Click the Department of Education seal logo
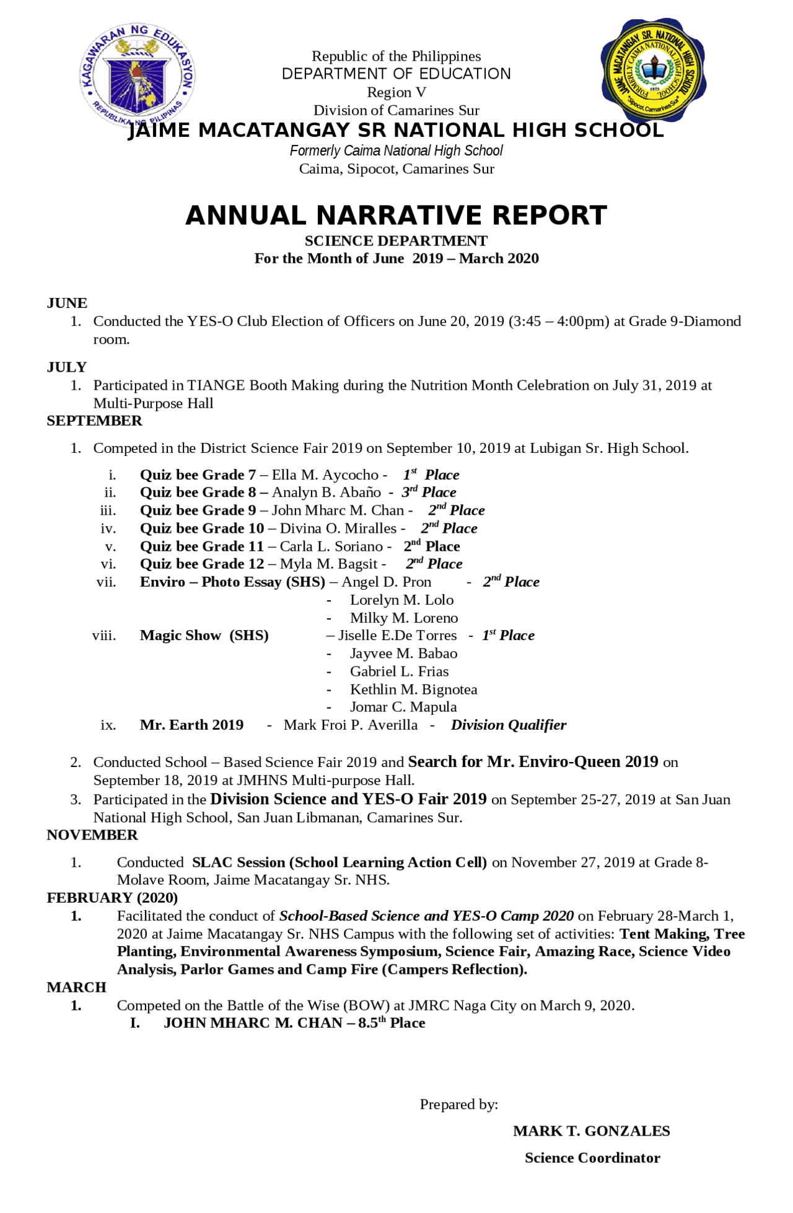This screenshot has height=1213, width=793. (137, 76)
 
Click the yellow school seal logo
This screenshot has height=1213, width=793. (653, 69)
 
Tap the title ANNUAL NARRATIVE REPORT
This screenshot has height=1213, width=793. (396, 216)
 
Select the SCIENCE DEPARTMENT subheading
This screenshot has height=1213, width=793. (396, 241)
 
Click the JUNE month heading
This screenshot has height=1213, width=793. (67, 303)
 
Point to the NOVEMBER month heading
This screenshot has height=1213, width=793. (92, 835)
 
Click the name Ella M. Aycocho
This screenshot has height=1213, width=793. (325, 475)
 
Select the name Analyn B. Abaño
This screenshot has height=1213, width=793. (326, 493)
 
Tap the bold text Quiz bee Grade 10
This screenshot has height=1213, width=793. (202, 528)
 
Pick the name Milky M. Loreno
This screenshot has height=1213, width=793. (404, 618)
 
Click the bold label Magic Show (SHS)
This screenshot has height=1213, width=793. (204, 636)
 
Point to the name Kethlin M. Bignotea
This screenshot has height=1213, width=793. (413, 690)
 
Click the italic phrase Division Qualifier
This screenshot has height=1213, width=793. (508, 725)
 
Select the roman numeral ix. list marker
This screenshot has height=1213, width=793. (108, 725)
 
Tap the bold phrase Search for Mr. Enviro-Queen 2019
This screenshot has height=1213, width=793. (533, 762)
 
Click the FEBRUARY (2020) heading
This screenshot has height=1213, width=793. (112, 898)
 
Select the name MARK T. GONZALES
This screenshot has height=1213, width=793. (591, 1131)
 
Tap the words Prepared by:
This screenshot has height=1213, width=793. (458, 1105)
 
